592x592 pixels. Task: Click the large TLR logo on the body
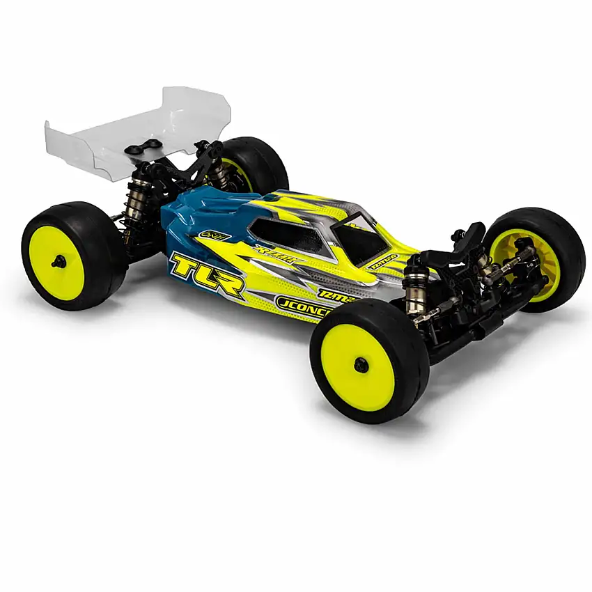tap(207, 274)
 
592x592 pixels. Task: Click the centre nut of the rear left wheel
tap(59, 261)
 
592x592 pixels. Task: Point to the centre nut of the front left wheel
tap(360, 364)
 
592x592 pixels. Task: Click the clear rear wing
tap(132, 129)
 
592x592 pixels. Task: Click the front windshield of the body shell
tap(359, 240)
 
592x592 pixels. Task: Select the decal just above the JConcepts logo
tap(337, 294)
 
